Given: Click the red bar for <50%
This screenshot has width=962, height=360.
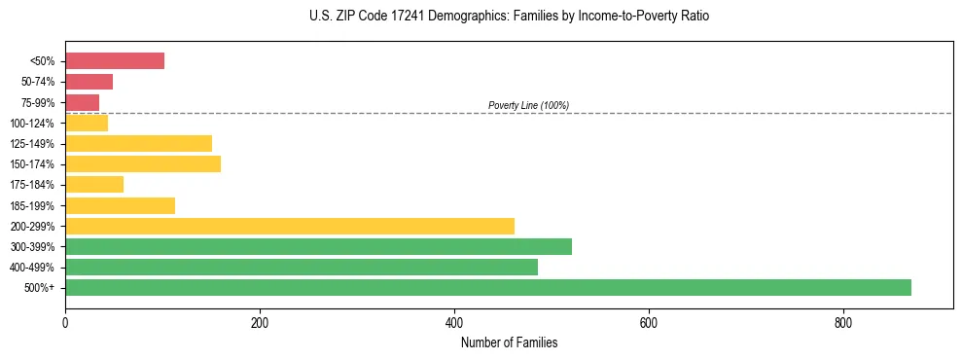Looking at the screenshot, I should point(115,61).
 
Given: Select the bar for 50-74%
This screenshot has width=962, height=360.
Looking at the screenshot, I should point(89,82).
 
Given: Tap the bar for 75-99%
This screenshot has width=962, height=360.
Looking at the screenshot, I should point(82,102).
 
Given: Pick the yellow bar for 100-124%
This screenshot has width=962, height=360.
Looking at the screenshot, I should point(87,123).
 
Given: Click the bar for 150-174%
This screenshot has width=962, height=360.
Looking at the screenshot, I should point(143,163).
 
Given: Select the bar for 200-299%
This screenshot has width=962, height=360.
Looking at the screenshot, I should point(290,226).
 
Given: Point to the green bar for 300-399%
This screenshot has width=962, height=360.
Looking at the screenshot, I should point(318,246).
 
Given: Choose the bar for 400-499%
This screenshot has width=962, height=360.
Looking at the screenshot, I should point(302,267).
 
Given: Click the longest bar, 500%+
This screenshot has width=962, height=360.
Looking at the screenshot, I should point(488,287).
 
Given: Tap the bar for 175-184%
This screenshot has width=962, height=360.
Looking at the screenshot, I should point(94,184).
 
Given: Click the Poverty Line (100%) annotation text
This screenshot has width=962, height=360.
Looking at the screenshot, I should point(528,105).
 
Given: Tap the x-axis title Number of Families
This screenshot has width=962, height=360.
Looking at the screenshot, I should point(509,342).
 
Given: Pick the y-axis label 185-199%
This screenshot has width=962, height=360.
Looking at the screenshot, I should point(32,205).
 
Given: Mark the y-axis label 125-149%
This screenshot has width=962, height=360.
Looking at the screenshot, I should point(32,144).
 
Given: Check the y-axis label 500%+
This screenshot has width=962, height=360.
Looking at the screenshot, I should point(40,288).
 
